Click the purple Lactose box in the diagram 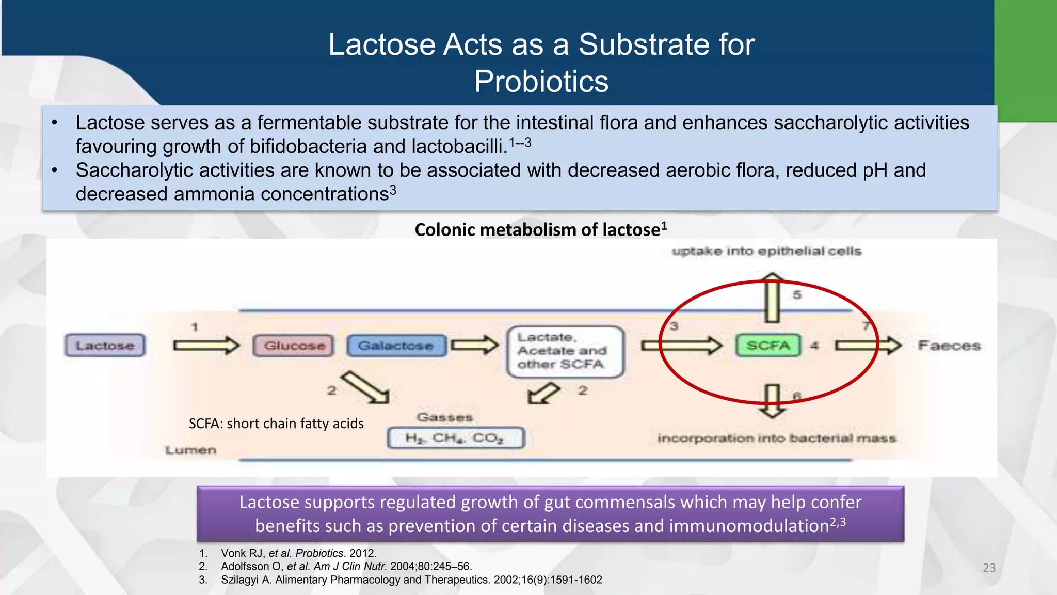click(105, 346)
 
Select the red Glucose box click(294, 346)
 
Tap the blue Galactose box click(396, 346)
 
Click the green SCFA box click(768, 346)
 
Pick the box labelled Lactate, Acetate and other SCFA click(565, 351)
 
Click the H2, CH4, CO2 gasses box click(455, 438)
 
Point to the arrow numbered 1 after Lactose click(206, 345)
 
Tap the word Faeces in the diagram click(949, 346)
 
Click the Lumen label click(190, 450)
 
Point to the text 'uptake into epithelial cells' click(766, 252)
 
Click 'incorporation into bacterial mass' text click(776, 439)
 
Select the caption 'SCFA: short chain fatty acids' click(276, 424)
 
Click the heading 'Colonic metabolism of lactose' click(540, 229)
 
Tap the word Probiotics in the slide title click(541, 82)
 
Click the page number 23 click(989, 568)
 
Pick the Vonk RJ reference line click(298, 553)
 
